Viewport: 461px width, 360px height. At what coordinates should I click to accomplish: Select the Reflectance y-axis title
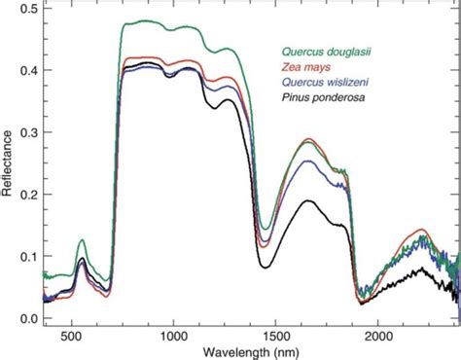(x=8, y=165)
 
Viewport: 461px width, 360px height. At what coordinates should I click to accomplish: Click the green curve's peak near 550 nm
(x=82, y=239)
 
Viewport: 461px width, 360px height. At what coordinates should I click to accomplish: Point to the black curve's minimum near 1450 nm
(x=264, y=267)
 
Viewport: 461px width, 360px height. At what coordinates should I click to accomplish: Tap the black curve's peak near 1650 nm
(x=307, y=200)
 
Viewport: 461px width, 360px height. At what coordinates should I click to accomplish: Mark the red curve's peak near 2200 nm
(x=421, y=231)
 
